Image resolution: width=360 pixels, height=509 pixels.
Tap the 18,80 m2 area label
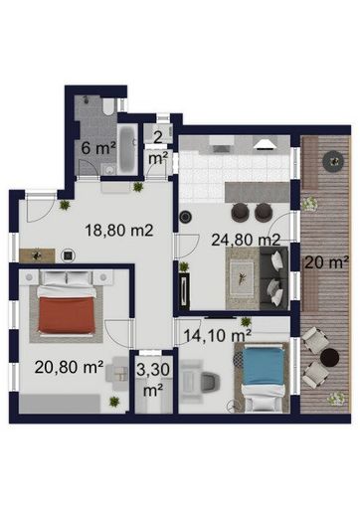point(119,231)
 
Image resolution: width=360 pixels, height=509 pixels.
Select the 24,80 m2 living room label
point(245,238)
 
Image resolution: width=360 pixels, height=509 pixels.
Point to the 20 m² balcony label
point(326,262)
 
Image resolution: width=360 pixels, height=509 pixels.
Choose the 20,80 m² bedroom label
point(68,367)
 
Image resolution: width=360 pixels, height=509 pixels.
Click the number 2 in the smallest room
point(158,137)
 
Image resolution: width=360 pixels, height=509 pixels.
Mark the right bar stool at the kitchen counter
point(263,212)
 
